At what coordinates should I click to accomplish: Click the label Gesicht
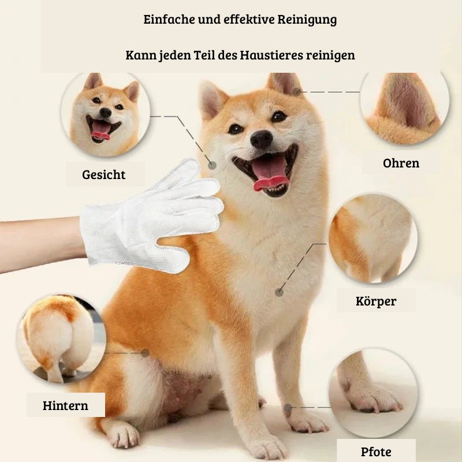point(104,175)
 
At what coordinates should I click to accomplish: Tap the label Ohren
point(401,163)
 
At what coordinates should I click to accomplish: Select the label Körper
point(376,301)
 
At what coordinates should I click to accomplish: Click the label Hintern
point(65,405)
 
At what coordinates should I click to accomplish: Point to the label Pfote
point(376,452)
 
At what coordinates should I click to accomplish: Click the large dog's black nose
point(261,139)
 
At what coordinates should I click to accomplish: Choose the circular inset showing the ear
point(405,107)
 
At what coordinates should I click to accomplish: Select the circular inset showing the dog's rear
point(61,339)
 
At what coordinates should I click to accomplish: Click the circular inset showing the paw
point(372,393)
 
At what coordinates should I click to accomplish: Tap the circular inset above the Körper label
point(372,238)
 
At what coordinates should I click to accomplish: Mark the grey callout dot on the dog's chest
point(279,293)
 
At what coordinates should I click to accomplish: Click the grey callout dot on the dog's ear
point(296,92)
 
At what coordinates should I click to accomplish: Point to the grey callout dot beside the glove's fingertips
point(212,165)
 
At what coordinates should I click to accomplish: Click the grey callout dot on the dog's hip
point(145,353)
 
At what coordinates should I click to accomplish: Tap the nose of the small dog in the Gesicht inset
point(105,112)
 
